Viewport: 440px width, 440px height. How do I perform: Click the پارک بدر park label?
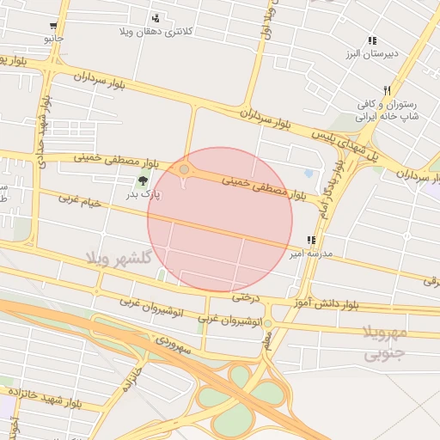pos(144,195)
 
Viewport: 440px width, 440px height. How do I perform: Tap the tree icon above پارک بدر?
pos(141,180)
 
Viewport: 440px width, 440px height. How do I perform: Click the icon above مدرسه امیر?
pos(310,241)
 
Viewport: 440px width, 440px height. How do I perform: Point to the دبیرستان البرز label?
pos(370,54)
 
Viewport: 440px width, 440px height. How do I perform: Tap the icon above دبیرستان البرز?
pos(371,40)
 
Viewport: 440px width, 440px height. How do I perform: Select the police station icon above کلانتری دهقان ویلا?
pos(156,18)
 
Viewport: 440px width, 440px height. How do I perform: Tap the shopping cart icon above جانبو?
pos(54,25)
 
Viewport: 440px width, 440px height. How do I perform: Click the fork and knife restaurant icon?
pos(388,90)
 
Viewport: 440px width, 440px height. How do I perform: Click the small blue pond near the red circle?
pos(309,173)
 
